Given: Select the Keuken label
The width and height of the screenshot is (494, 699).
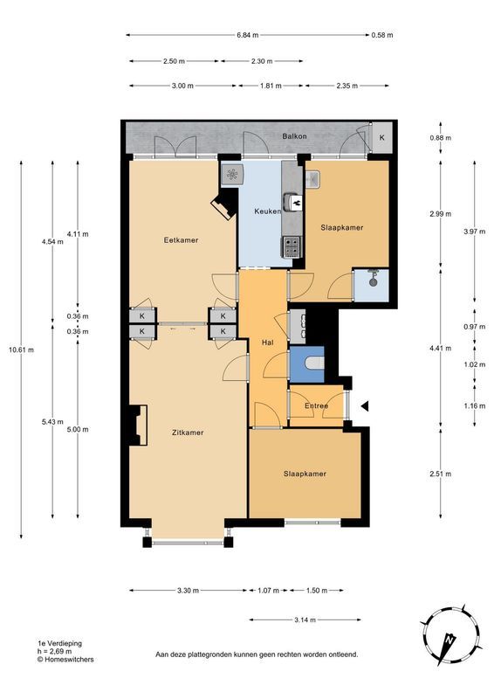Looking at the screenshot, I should pos(267,212).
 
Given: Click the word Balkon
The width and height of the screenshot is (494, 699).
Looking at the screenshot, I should pos(293,137).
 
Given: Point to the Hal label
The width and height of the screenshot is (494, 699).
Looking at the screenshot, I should pos(268,342).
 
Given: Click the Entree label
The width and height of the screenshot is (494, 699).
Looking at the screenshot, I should pos(316,406).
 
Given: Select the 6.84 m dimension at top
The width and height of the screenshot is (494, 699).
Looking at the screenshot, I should pos(248,35).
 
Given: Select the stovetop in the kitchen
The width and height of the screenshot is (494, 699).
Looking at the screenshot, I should pos(291,246).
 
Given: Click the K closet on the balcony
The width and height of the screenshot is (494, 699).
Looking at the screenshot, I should pos(381,137).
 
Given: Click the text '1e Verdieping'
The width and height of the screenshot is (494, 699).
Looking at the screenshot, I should pos(59,643).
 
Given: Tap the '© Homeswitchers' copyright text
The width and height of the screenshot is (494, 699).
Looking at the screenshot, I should pos(65,660).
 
